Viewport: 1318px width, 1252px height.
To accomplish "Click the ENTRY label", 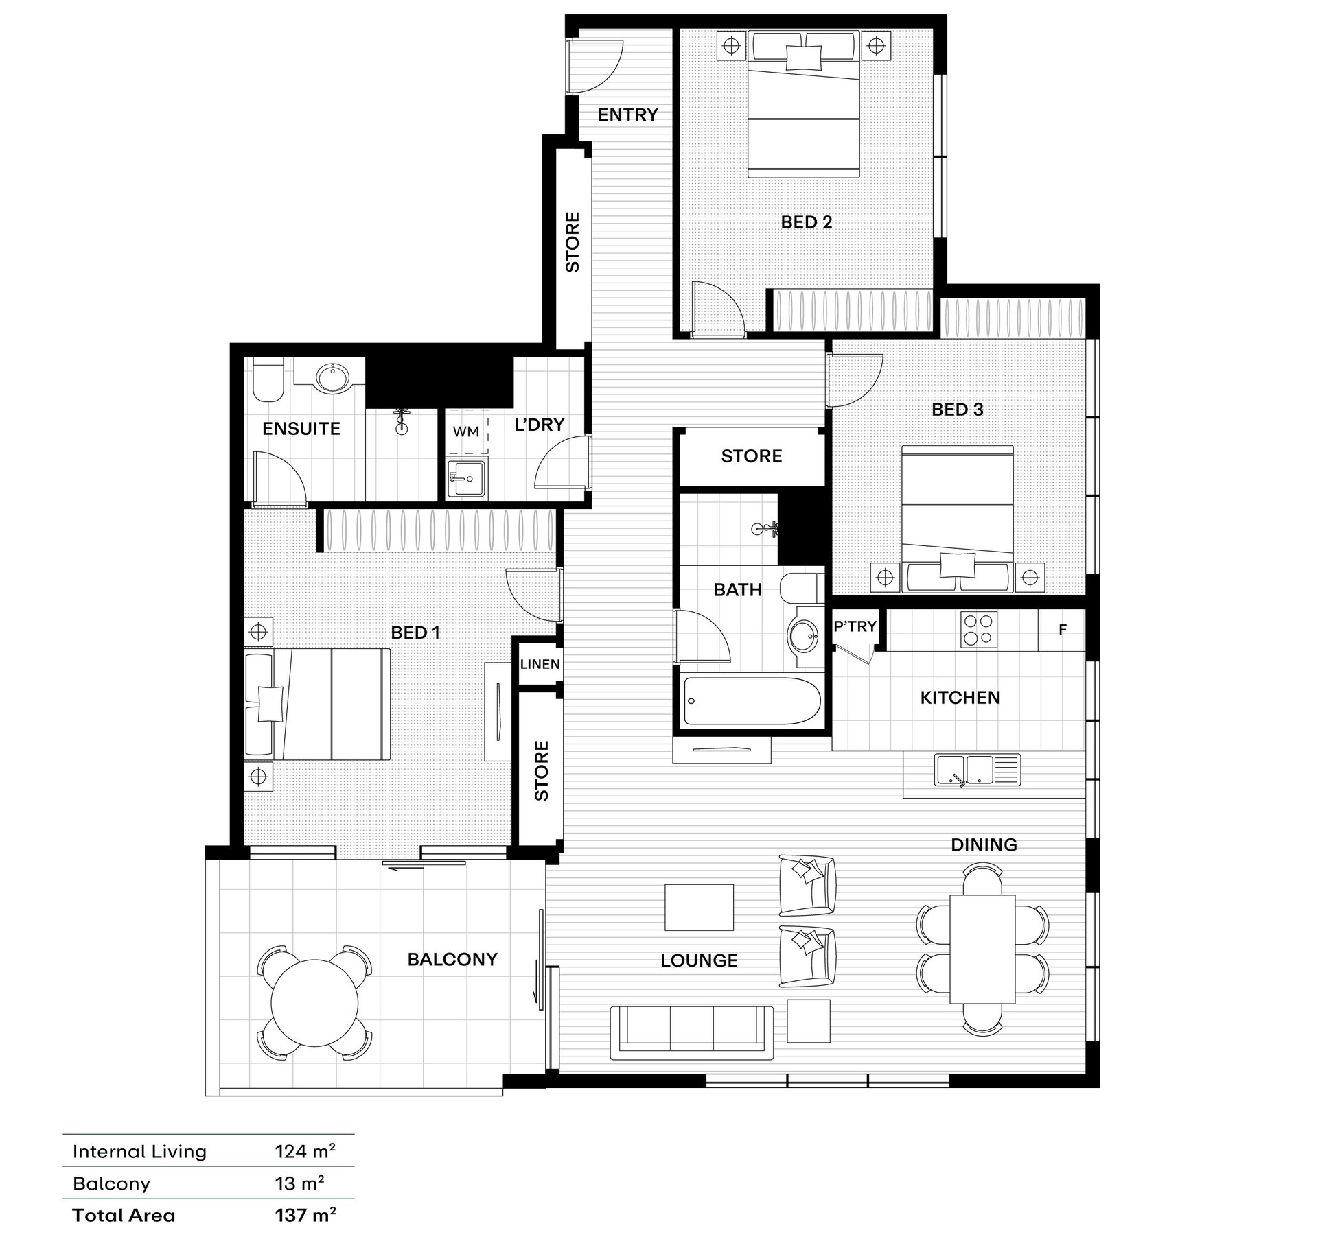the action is [x=627, y=115].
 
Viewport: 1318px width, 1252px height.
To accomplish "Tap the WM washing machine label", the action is [x=465, y=432].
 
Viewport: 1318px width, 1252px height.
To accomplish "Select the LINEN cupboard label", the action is [x=540, y=664].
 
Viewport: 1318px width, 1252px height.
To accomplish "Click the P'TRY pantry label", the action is [x=855, y=626].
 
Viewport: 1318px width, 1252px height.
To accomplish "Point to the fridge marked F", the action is [x=1062, y=630].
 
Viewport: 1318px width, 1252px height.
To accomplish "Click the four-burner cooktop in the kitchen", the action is [x=978, y=630].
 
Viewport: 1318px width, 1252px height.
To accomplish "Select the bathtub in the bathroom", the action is [x=752, y=701].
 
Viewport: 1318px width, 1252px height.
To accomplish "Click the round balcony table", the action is [x=314, y=1003].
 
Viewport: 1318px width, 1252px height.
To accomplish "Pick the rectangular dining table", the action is [x=982, y=949].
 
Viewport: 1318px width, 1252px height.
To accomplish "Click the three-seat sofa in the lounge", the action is [x=692, y=1033].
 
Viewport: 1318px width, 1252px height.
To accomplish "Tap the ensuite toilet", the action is [x=268, y=381].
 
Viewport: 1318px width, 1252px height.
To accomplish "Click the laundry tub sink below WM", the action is [x=466, y=478].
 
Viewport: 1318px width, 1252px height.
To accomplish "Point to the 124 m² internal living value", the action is [x=305, y=1151].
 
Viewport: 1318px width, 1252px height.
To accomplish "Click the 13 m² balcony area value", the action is [x=300, y=1183].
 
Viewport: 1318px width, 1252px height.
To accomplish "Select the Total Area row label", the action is [x=124, y=1216].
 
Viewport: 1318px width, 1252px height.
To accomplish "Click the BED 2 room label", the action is [x=807, y=222].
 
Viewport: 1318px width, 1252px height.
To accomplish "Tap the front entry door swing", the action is [x=596, y=66].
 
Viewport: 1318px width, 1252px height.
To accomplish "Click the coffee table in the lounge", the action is [x=700, y=907].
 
